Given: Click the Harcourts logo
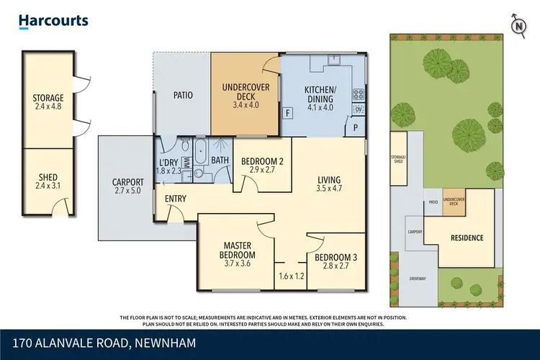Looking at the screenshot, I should coord(54,21).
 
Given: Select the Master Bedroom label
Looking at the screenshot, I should coord(238,250).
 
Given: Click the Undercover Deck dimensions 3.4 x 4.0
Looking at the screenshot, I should coord(246,104).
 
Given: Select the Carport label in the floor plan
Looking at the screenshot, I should coord(128,182).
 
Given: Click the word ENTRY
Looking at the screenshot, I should coord(175,199).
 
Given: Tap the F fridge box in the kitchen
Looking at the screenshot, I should coord(288,113).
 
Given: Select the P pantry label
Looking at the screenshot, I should coord(355,128).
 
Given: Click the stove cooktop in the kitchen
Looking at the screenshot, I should coord(357,94).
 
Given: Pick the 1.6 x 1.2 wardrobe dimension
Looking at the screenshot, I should coord(291,275).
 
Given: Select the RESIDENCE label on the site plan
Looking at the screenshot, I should coord(467,238).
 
